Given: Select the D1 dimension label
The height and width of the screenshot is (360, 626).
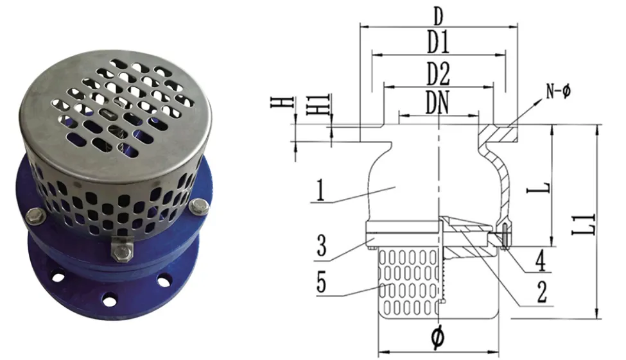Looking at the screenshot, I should tap(439, 43).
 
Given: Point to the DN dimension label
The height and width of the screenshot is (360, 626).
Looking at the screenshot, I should tap(439, 104).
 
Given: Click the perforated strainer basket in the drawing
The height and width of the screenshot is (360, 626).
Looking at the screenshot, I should tap(408, 282).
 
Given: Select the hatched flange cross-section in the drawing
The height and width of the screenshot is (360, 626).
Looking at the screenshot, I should tap(501, 135).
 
